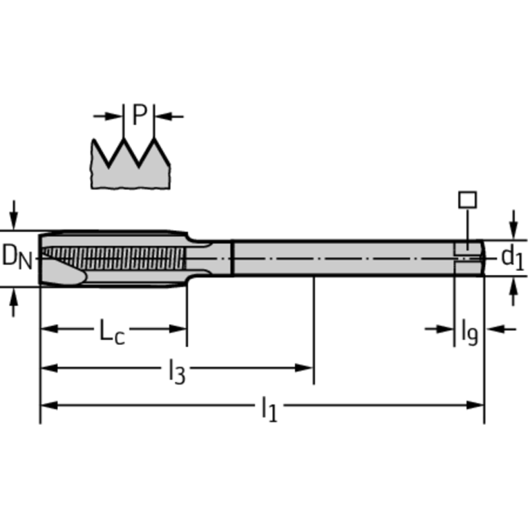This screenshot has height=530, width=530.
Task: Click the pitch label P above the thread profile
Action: click(x=140, y=115)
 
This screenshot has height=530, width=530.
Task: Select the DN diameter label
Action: click(x=17, y=256)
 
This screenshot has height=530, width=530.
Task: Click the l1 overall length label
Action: click(x=268, y=409)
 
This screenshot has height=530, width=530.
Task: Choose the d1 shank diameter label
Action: click(x=512, y=257)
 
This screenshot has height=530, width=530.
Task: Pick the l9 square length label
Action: click(x=469, y=332)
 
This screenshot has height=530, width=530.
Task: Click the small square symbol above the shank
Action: click(x=468, y=200)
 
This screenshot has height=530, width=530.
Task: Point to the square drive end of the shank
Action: click(x=469, y=257)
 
